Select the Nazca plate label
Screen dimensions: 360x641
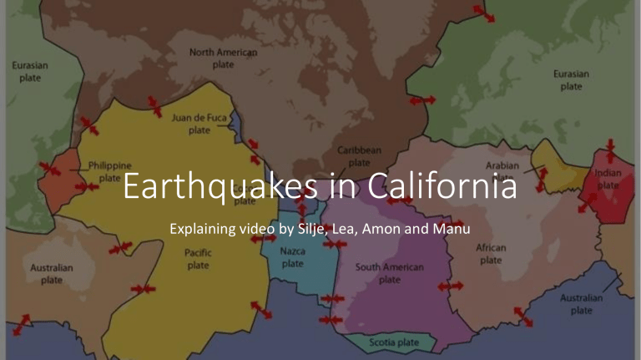(292, 257)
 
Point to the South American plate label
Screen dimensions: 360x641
(390, 273)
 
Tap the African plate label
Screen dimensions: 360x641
(491, 254)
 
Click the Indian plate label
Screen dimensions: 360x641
(608, 179)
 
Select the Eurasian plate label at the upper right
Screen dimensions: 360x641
(572, 79)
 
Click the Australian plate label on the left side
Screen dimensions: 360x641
(52, 274)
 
